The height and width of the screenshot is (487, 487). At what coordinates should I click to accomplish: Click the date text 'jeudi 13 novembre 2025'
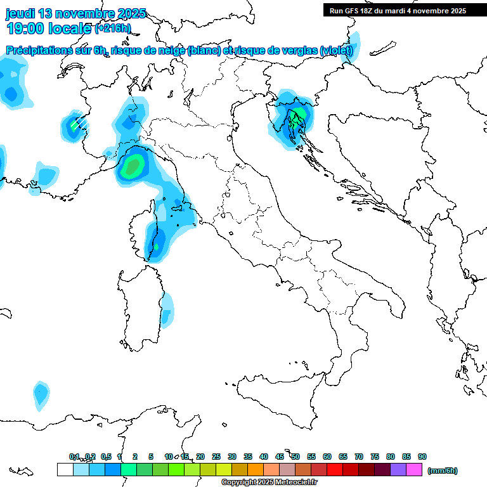click(x=75, y=13)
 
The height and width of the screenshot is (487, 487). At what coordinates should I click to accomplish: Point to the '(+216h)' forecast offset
click(x=113, y=29)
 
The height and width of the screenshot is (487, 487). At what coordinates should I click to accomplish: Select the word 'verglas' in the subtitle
click(x=297, y=51)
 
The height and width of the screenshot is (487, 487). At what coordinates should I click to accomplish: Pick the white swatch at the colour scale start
click(x=65, y=470)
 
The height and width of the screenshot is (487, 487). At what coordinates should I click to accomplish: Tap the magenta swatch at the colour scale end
click(x=414, y=470)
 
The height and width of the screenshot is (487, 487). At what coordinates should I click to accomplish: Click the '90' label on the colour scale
click(x=422, y=457)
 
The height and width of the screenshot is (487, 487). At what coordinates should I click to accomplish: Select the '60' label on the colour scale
click(x=327, y=457)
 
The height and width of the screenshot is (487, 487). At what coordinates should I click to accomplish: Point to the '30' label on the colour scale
click(x=232, y=457)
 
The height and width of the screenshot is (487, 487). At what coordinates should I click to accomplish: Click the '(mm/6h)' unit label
click(x=443, y=471)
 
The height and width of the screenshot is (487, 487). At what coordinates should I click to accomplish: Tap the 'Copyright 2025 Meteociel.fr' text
click(x=269, y=483)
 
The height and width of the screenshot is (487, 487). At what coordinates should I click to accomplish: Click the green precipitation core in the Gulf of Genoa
click(x=133, y=167)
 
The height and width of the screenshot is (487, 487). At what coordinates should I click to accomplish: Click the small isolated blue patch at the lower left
click(x=41, y=393)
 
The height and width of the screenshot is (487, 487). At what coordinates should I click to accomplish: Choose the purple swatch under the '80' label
click(x=398, y=470)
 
